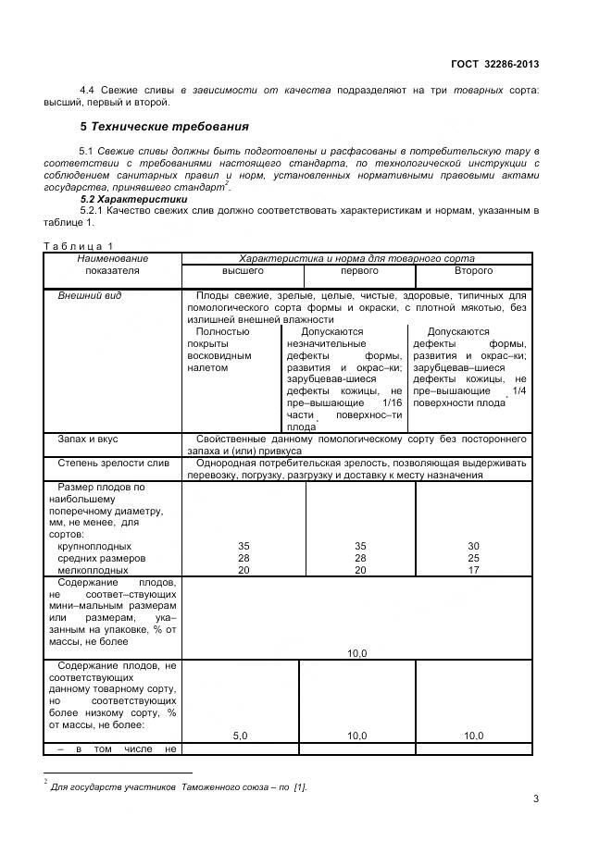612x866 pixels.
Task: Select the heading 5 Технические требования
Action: click(164, 125)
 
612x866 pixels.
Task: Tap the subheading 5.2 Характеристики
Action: click(133, 200)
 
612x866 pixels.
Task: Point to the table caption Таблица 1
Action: click(78, 244)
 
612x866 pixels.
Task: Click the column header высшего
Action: click(243, 271)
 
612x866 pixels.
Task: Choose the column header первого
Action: click(359, 271)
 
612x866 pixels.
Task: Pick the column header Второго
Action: click(473, 271)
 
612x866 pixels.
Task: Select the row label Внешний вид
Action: click(90, 295)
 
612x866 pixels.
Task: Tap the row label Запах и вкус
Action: click(88, 439)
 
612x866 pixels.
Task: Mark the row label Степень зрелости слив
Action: click(113, 462)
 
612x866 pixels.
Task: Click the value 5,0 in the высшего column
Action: click(240, 735)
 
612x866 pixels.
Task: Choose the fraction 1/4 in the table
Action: click(518, 391)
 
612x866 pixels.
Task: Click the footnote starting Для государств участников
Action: click(179, 786)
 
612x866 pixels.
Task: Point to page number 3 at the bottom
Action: click(535, 799)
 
